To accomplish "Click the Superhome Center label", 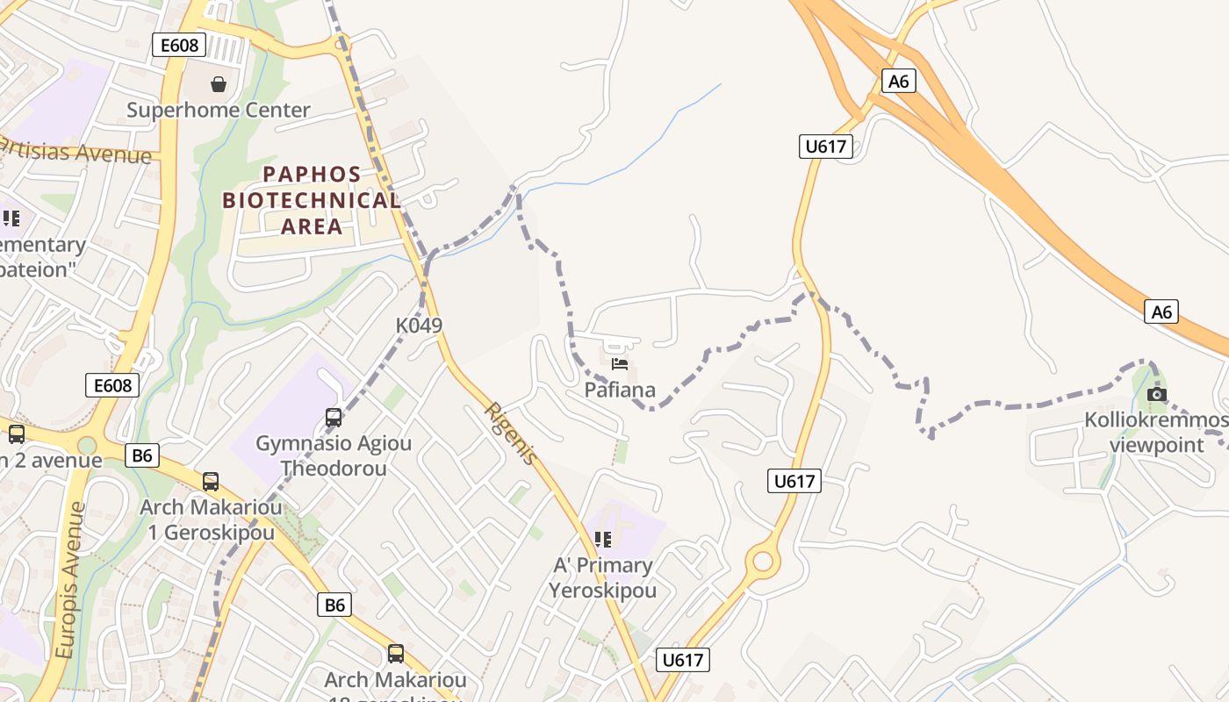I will click(219, 111).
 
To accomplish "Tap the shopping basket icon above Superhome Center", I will click(219, 84).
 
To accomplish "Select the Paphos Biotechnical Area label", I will click(312, 200).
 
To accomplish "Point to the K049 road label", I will click(419, 326).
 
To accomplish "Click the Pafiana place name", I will click(620, 390).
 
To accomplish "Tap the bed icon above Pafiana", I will click(620, 364).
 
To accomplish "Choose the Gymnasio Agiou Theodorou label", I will click(334, 455).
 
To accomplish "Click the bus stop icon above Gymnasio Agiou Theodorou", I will click(334, 417).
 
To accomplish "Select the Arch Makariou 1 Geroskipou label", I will click(211, 519).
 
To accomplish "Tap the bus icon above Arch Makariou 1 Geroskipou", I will click(211, 481).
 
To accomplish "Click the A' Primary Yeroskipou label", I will click(602, 577).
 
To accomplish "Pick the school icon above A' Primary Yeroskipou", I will click(602, 539).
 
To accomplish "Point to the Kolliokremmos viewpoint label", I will click(1156, 433).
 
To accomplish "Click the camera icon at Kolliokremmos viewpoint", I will click(1157, 395).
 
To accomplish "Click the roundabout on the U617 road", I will click(762, 561).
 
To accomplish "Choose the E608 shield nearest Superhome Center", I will click(179, 45).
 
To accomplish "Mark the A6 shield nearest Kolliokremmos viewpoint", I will click(1161, 312).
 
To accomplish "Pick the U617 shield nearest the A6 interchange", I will click(826, 147).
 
